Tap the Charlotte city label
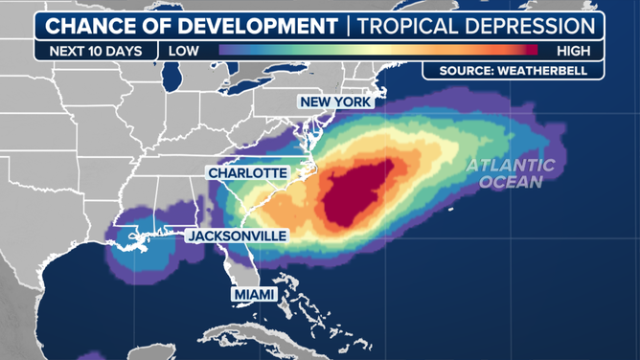pos(247,172)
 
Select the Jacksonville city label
pos(237,236)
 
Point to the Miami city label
pos(255,295)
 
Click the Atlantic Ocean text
pos(511,173)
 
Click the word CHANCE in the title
pos(91,26)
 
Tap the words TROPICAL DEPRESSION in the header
pos(475,26)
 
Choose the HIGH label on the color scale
pos(573,51)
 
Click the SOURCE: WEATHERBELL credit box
pos(514,71)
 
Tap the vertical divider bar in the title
pos(346,26)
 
